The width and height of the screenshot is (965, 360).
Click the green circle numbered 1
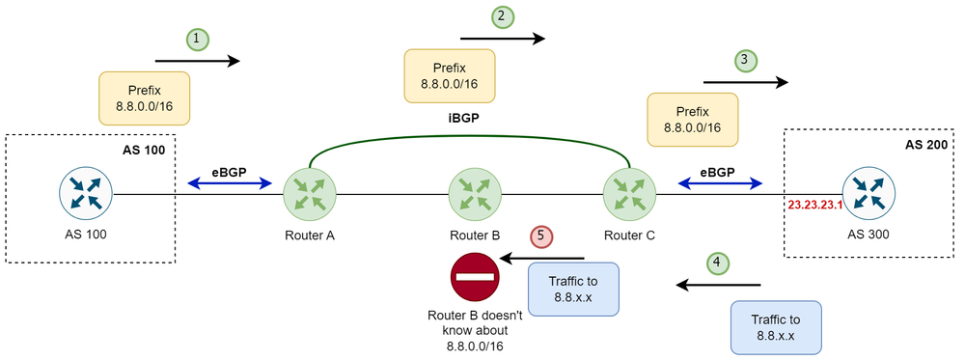tap(198, 39)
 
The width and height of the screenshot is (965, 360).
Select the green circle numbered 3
tap(743, 61)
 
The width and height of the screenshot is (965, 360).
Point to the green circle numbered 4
tap(716, 262)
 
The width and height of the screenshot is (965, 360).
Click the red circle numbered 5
tap(543, 236)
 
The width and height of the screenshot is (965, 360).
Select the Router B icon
tap(474, 193)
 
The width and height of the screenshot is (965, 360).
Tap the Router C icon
tap(629, 193)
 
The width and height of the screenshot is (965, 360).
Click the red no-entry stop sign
tap(474, 275)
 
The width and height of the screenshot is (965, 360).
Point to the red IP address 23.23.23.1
tap(816, 206)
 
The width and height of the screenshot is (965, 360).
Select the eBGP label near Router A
tap(229, 171)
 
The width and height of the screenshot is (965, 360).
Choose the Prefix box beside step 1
tap(144, 97)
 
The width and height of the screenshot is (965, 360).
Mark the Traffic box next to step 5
tap(573, 289)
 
